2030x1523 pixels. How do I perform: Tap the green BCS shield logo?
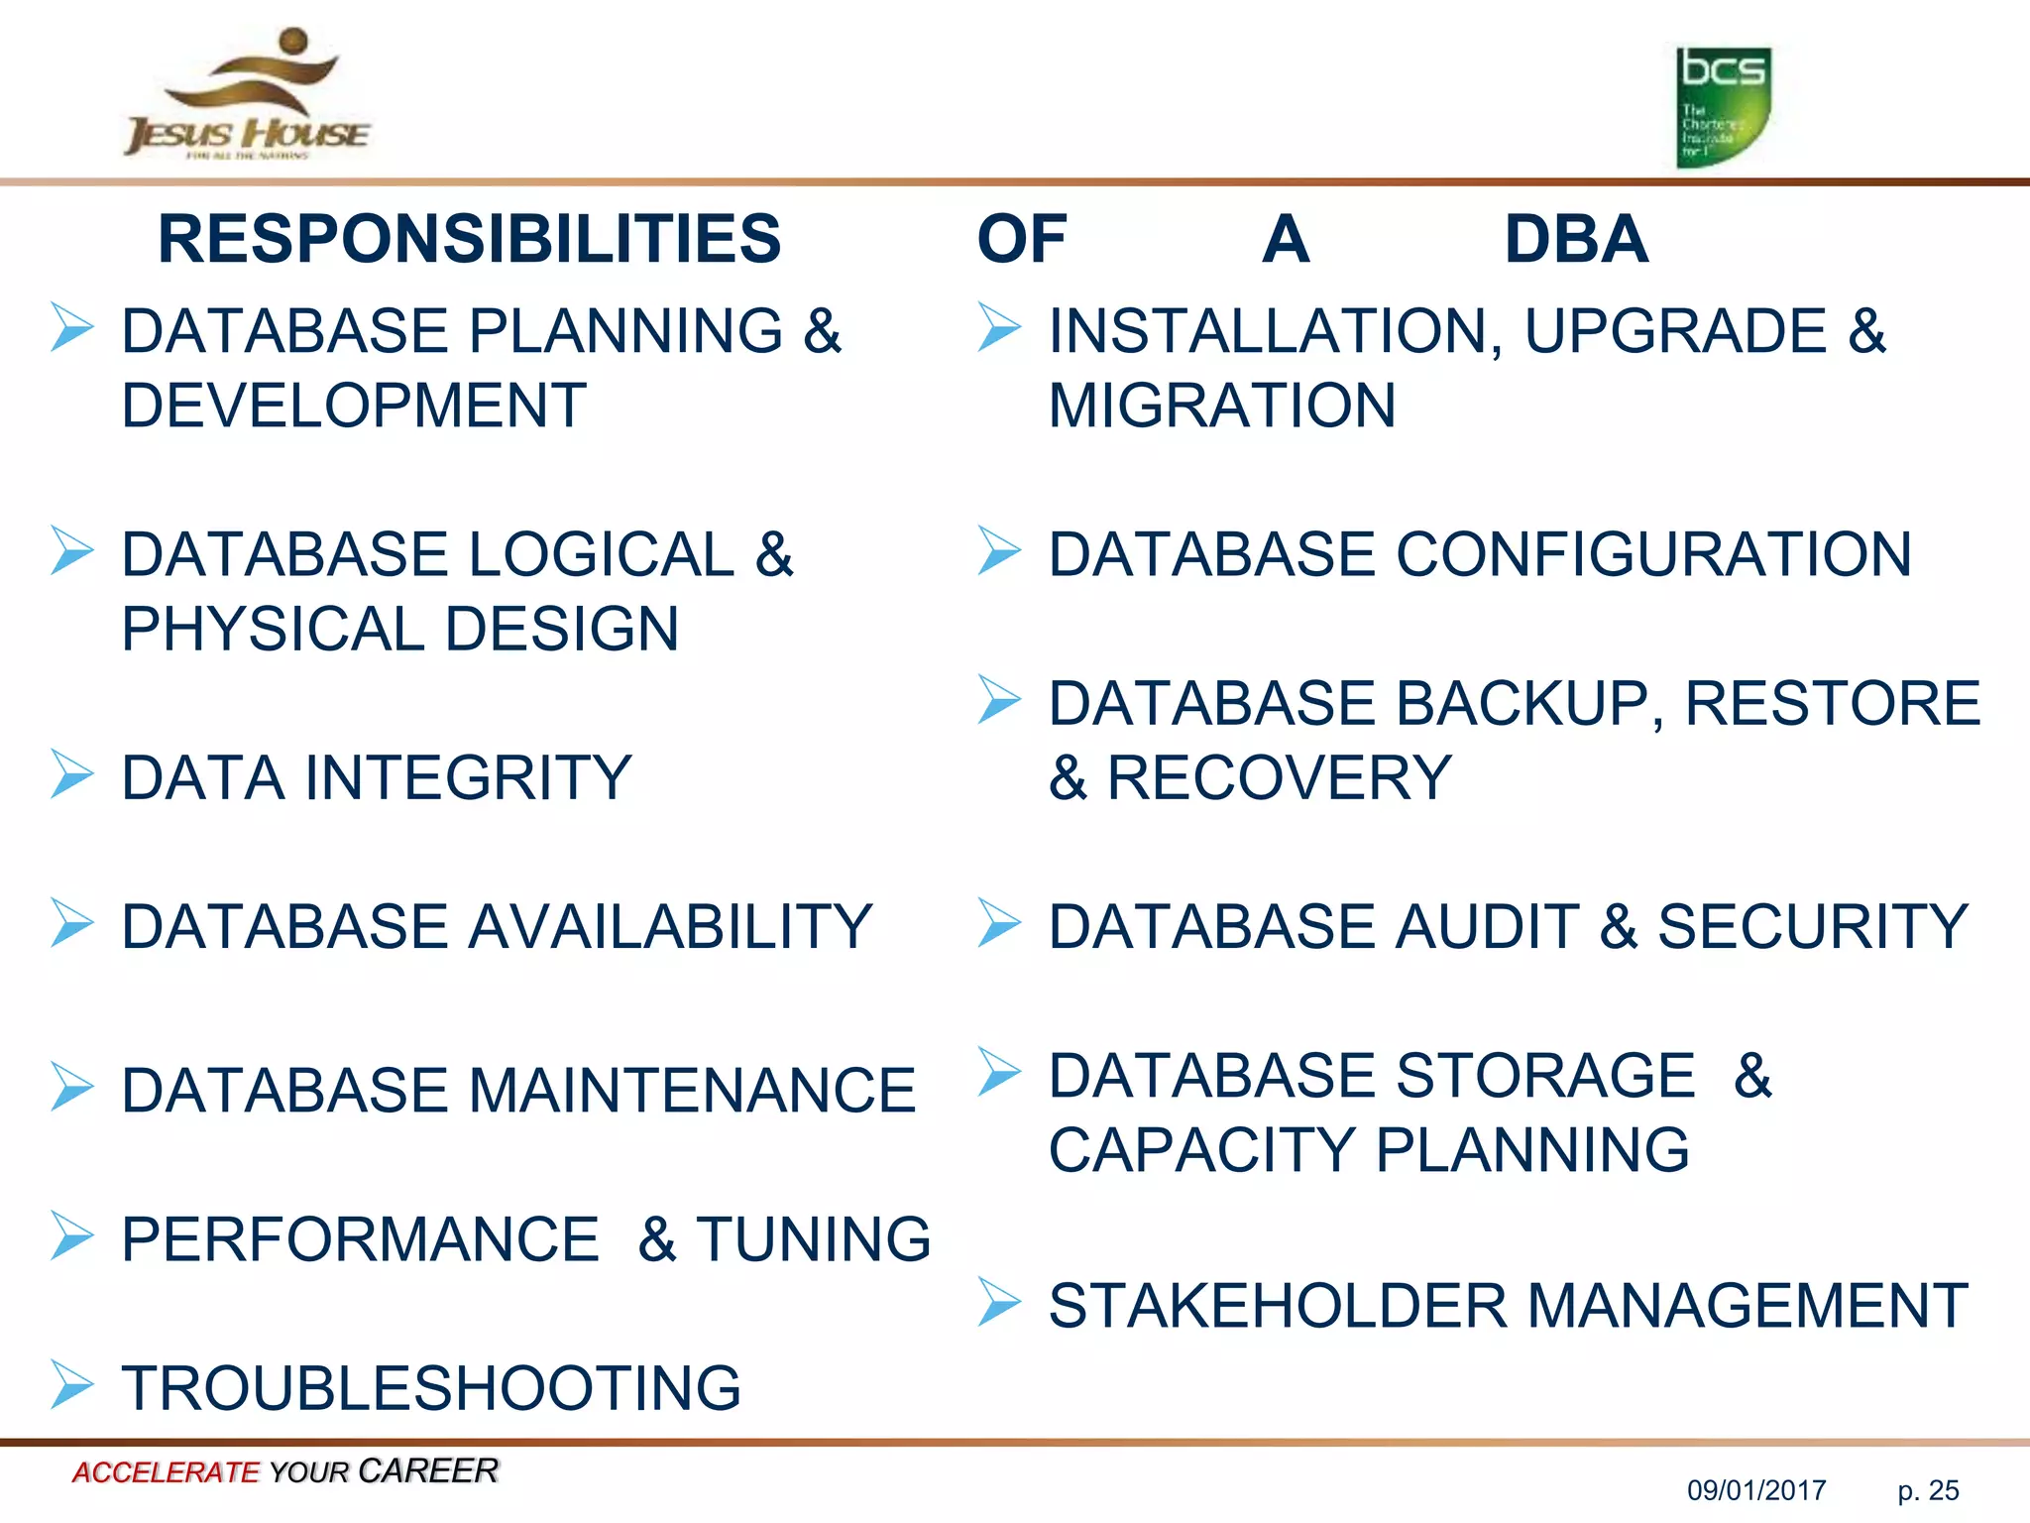pyautogui.click(x=1723, y=107)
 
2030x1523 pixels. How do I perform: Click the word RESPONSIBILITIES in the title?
pyautogui.click(x=469, y=239)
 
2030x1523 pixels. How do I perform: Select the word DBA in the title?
pyautogui.click(x=1576, y=239)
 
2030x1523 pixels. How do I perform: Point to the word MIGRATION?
pyautogui.click(x=1222, y=406)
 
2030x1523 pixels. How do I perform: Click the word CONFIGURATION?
pyautogui.click(x=1653, y=554)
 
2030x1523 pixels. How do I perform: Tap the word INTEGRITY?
pyautogui.click(x=468, y=777)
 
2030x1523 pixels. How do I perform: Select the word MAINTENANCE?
pyautogui.click(x=691, y=1091)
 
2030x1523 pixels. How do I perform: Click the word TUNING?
pyautogui.click(x=813, y=1239)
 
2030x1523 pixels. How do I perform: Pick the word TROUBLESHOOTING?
pyautogui.click(x=431, y=1388)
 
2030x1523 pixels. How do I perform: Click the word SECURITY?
pyautogui.click(x=1813, y=926)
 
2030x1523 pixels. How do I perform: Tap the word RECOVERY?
pyautogui.click(x=1279, y=777)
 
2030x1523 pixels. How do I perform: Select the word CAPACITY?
pyautogui.click(x=1201, y=1150)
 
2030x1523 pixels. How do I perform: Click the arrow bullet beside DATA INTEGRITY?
pyautogui.click(x=72, y=774)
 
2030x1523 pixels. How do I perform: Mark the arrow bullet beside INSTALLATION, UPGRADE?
pyautogui.click(x=999, y=327)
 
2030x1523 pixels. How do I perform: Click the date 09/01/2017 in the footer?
pyautogui.click(x=1756, y=1490)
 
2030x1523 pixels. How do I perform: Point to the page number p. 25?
pyautogui.click(x=1928, y=1490)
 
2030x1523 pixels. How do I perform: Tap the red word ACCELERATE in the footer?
pyautogui.click(x=165, y=1472)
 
